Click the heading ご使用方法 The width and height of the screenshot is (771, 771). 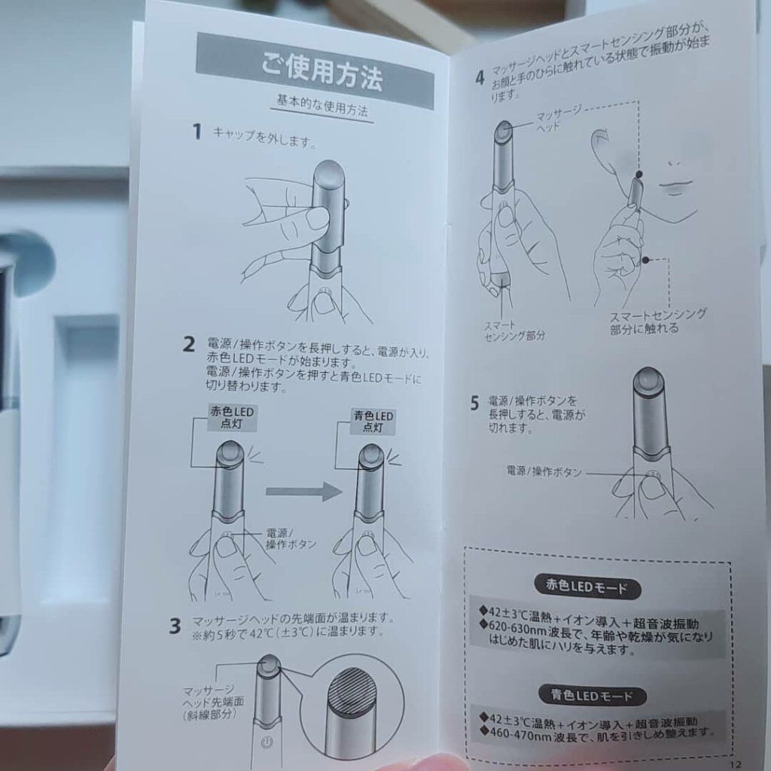[x=322, y=73]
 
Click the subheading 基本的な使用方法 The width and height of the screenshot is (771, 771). [x=322, y=106]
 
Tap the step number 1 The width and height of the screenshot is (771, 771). [x=197, y=132]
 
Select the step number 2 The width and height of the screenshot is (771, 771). [x=189, y=345]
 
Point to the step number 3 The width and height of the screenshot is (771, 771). [x=175, y=626]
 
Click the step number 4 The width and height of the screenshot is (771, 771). [x=480, y=78]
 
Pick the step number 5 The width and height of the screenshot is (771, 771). [x=474, y=404]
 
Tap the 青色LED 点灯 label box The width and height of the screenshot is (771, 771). [x=373, y=422]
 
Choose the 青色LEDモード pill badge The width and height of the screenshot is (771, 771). [x=592, y=695]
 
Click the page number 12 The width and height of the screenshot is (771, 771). [x=736, y=764]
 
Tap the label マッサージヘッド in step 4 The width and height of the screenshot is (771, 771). [x=557, y=118]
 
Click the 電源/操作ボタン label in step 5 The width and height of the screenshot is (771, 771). [x=544, y=471]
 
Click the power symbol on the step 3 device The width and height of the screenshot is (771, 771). [x=266, y=742]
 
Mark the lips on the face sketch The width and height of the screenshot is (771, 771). [x=676, y=186]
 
